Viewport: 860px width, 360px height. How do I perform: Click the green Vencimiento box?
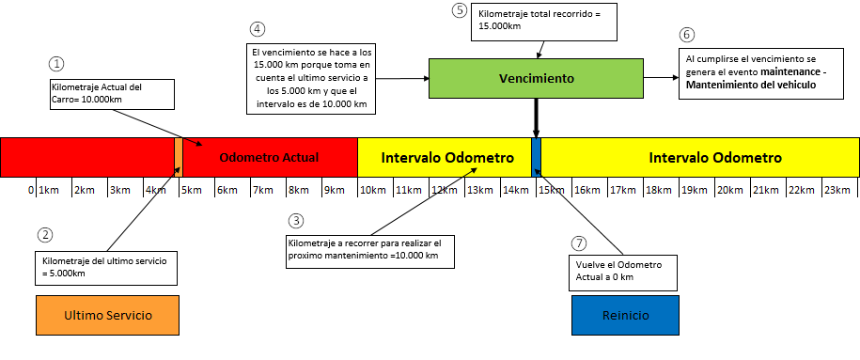pyautogui.click(x=537, y=78)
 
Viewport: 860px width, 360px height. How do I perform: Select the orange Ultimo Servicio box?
pyautogui.click(x=106, y=314)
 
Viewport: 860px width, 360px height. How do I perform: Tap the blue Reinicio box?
pyautogui.click(x=625, y=315)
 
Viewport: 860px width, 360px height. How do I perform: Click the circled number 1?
pyautogui.click(x=56, y=64)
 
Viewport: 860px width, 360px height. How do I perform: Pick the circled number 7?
pyautogui.click(x=579, y=243)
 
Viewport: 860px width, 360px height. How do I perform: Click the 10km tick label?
pyautogui.click(x=373, y=190)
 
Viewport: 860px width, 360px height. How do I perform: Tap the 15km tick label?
pyautogui.click(x=552, y=190)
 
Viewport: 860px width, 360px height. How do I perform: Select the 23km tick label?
pyautogui.click(x=837, y=190)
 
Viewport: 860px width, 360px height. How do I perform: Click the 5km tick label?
pyautogui.click(x=191, y=190)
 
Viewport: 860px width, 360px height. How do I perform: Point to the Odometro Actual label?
pyautogui.click(x=269, y=157)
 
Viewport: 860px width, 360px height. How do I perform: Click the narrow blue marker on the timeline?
pyautogui.click(x=537, y=156)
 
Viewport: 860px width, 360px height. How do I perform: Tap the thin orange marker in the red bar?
pyautogui.click(x=179, y=156)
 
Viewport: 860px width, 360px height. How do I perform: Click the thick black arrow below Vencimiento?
pyautogui.click(x=537, y=117)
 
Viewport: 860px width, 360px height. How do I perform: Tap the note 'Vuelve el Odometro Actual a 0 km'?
pyautogui.click(x=624, y=271)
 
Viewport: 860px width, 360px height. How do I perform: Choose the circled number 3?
pyautogui.click(x=296, y=221)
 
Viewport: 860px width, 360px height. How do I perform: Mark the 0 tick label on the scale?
pyautogui.click(x=31, y=190)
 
